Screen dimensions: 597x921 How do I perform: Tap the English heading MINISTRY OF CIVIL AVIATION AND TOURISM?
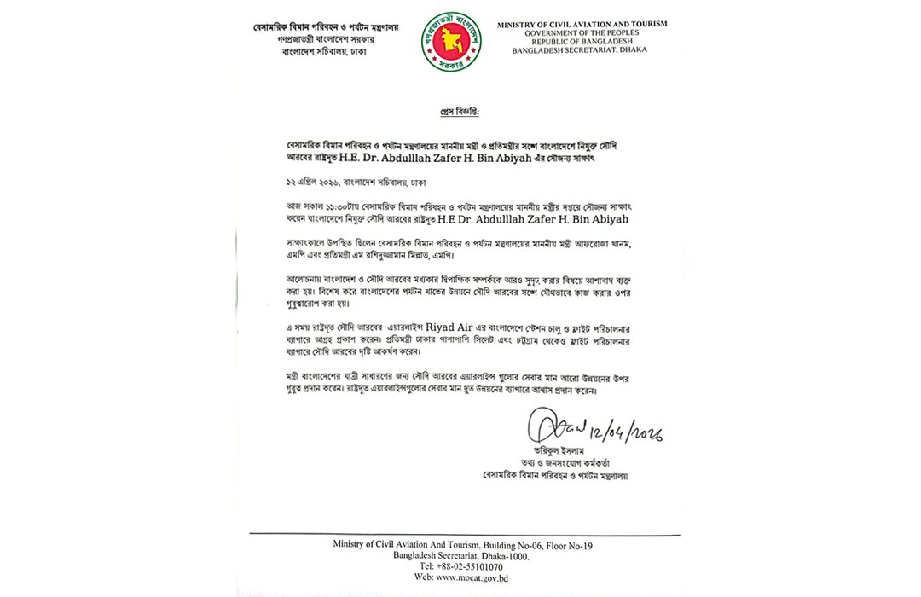tap(582, 25)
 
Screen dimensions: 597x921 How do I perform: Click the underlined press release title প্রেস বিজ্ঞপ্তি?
tap(460, 113)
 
